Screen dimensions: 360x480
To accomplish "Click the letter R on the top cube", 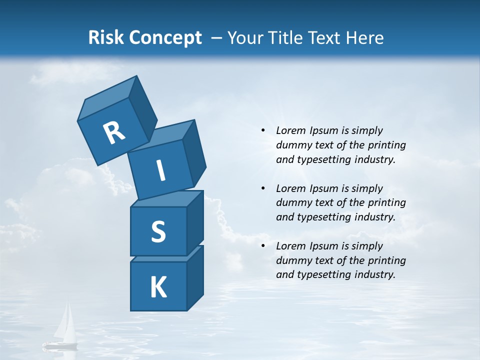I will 114,133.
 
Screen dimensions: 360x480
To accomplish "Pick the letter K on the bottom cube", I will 158,287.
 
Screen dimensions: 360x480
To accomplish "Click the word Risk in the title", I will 105,37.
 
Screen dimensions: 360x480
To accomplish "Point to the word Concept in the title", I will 165,38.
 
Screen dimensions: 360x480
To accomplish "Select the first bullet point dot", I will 263,130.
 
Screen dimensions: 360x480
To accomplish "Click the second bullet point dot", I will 263,188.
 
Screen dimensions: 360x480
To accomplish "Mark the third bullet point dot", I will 263,246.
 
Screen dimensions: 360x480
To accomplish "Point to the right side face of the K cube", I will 195,279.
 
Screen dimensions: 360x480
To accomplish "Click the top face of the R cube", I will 106,97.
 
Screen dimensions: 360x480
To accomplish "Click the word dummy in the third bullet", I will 294,260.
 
